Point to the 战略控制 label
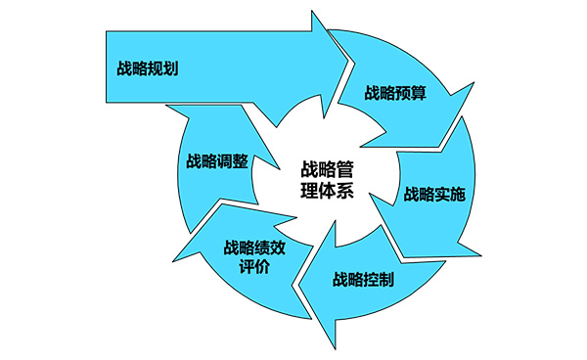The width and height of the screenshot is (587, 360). pyautogui.click(x=363, y=280)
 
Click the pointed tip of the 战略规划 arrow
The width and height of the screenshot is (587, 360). pyautogui.click(x=348, y=65)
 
